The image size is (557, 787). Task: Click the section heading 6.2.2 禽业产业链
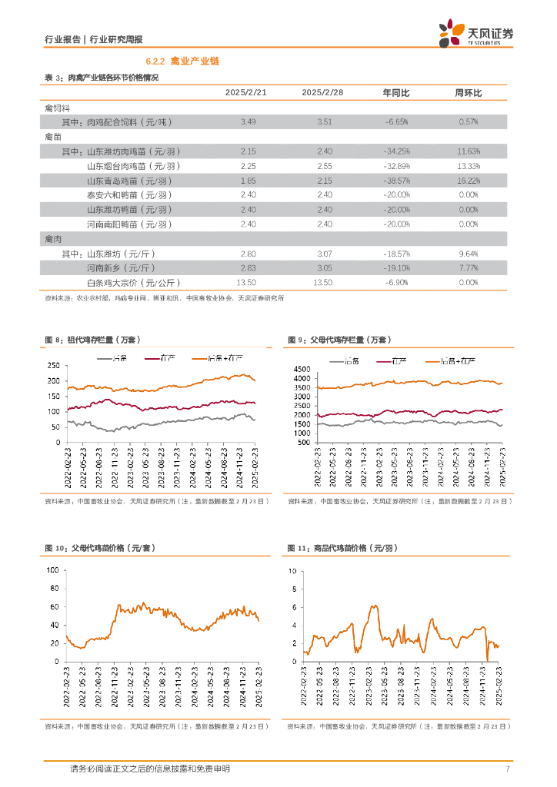(x=183, y=61)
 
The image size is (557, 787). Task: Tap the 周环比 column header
(x=469, y=93)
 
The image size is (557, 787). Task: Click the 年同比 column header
(x=396, y=93)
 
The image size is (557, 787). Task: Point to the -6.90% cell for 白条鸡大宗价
(x=397, y=282)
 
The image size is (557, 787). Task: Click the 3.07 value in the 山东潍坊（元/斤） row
(x=324, y=253)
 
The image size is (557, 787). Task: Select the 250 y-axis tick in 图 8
(x=53, y=366)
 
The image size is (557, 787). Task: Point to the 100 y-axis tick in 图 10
(x=53, y=570)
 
